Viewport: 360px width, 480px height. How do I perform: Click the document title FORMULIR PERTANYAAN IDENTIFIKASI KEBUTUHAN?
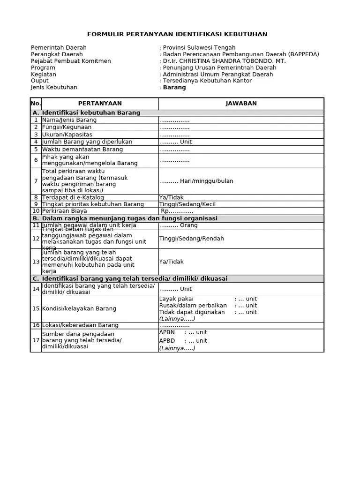[177, 34]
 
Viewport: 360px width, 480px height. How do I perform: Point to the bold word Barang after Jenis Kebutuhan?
[174, 87]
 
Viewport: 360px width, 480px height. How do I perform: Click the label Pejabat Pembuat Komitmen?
[71, 61]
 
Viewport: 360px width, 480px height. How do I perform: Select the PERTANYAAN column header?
[100, 104]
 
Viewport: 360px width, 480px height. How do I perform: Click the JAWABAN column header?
[241, 104]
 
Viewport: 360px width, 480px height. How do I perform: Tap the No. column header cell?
[36, 104]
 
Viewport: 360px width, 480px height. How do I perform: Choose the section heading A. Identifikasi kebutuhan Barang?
[86, 113]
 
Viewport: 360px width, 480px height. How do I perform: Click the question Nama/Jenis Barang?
[69, 120]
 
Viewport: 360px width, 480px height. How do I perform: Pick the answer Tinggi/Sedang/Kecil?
[187, 204]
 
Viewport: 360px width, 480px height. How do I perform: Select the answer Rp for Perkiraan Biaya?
[177, 211]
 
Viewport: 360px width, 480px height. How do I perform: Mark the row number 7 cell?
[36, 181]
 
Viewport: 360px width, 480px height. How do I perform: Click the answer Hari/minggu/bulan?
[196, 181]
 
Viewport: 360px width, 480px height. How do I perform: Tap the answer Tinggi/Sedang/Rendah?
[191, 239]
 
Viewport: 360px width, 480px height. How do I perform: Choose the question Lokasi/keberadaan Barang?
[80, 325]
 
